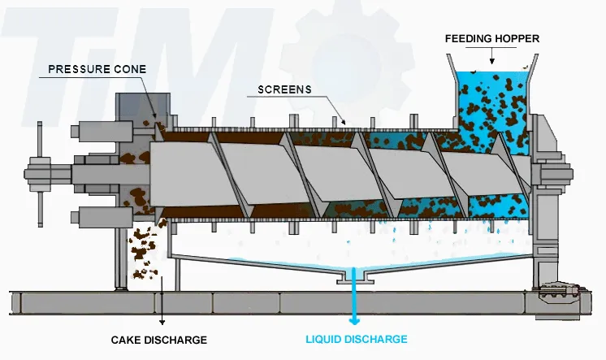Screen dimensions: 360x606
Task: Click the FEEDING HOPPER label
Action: tap(492, 38)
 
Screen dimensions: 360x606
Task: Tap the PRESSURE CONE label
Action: tap(97, 69)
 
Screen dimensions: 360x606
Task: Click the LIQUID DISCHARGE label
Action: tap(357, 339)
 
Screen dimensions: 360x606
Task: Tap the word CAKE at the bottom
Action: tap(124, 339)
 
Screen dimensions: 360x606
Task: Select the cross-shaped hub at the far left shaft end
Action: tap(37, 172)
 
